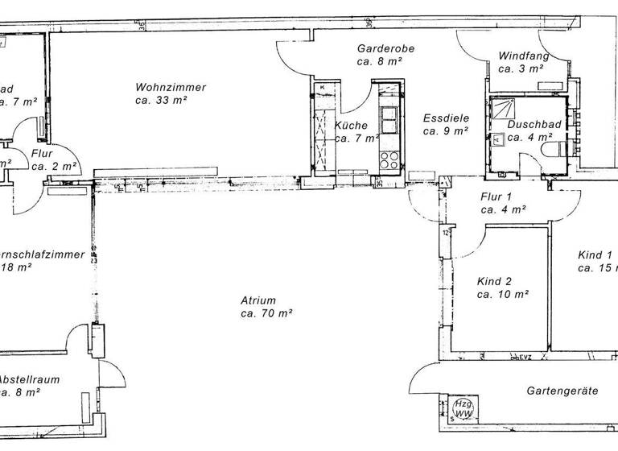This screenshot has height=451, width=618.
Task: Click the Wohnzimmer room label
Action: (x=171, y=87)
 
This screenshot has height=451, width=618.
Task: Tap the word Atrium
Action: (x=258, y=300)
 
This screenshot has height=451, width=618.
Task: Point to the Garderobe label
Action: (x=385, y=48)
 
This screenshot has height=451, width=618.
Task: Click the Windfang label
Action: (x=523, y=56)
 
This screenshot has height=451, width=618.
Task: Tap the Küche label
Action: (x=351, y=126)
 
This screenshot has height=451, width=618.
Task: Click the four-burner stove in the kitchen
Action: (x=389, y=159)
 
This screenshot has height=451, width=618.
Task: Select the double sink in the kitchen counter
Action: (x=389, y=119)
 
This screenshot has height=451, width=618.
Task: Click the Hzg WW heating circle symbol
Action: (x=463, y=408)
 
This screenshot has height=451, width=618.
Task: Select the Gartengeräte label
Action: (x=562, y=391)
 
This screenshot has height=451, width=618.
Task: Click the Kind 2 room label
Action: (x=494, y=282)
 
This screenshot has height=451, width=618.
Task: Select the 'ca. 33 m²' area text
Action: (x=162, y=100)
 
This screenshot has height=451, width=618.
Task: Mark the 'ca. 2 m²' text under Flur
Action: (x=55, y=166)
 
